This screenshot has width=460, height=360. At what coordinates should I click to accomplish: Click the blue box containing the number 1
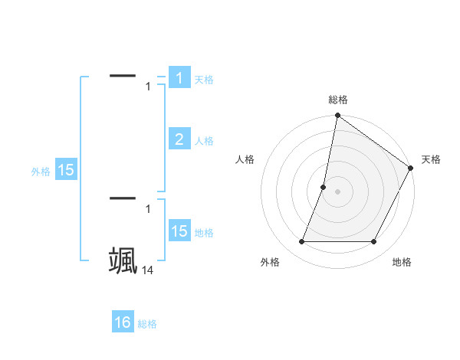(x=179, y=78)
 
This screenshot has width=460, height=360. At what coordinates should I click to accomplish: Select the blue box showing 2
(x=179, y=139)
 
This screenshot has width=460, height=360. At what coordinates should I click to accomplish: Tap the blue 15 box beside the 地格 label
(x=179, y=231)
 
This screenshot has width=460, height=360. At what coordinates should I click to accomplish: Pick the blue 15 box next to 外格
(x=66, y=170)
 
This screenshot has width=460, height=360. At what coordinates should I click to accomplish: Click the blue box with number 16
(x=123, y=322)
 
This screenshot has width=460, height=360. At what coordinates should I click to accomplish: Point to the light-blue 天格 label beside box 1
(x=204, y=80)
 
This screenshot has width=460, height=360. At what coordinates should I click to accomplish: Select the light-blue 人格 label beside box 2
(x=204, y=141)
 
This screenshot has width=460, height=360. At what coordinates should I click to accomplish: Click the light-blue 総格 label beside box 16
(x=147, y=324)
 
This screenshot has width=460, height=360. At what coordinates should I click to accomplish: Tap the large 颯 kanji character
(x=123, y=260)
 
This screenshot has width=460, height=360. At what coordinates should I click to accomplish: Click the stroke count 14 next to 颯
(x=148, y=270)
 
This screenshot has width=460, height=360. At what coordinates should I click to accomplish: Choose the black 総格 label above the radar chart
(x=338, y=100)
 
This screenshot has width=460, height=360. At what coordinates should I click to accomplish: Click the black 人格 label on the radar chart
(x=245, y=159)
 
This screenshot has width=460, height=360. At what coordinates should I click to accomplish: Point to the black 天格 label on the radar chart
(x=431, y=159)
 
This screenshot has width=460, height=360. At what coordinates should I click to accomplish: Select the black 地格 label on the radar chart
(x=402, y=262)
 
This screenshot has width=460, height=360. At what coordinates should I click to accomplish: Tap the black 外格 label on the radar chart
(x=270, y=262)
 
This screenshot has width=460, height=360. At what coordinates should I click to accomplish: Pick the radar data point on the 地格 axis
(x=374, y=242)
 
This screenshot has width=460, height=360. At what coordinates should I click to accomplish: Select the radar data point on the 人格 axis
(x=324, y=187)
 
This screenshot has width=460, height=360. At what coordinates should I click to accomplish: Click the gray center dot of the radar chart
(x=338, y=191)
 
